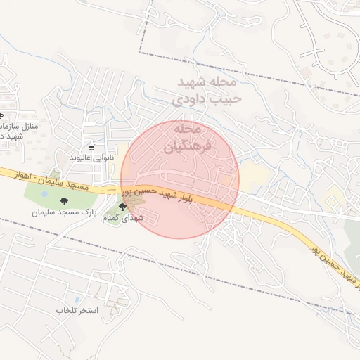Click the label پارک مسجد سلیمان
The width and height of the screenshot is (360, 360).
pos(89,211)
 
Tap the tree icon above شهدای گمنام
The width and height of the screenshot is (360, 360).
pos(123,207)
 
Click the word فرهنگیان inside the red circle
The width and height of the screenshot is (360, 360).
pos(181,148)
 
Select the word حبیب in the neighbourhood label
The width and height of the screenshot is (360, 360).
pos(228,98)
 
